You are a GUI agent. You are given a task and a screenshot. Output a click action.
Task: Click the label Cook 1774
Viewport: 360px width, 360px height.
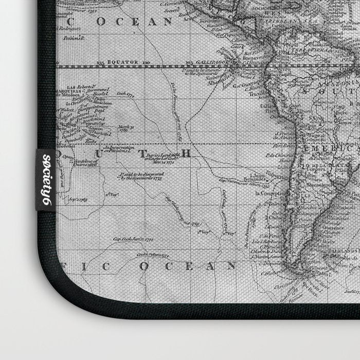125,94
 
